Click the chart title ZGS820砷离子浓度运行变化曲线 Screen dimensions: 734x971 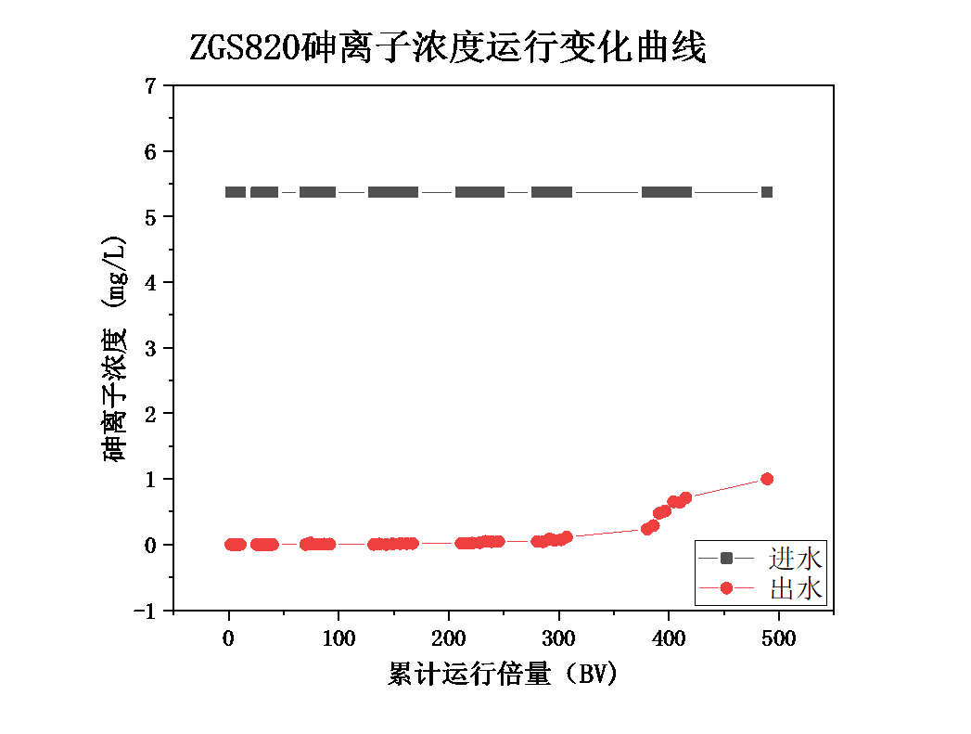pyautogui.click(x=448, y=47)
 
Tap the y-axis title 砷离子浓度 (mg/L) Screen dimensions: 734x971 pyautogui.click(x=116, y=349)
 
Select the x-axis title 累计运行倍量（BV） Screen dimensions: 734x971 pyautogui.click(x=503, y=675)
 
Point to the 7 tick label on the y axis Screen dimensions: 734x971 pyautogui.click(x=151, y=86)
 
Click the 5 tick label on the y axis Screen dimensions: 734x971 pyautogui.click(x=151, y=217)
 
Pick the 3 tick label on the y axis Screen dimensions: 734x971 pyautogui.click(x=151, y=348)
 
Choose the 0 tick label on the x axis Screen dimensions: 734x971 pyautogui.click(x=228, y=639)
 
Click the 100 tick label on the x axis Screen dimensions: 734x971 pyautogui.click(x=339, y=639)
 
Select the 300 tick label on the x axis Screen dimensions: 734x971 pyautogui.click(x=558, y=639)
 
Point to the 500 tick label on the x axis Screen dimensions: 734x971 pyautogui.click(x=778, y=639)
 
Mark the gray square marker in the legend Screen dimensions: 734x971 pyautogui.click(x=726, y=558)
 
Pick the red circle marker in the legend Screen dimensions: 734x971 pyautogui.click(x=726, y=587)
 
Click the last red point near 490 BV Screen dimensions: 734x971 pyautogui.click(x=767, y=479)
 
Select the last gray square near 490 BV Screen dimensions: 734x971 pyautogui.click(x=767, y=192)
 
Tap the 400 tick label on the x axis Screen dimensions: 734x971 pyautogui.click(x=669, y=639)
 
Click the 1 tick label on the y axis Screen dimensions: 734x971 pyautogui.click(x=151, y=480)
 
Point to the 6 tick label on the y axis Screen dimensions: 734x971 pyautogui.click(x=151, y=151)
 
